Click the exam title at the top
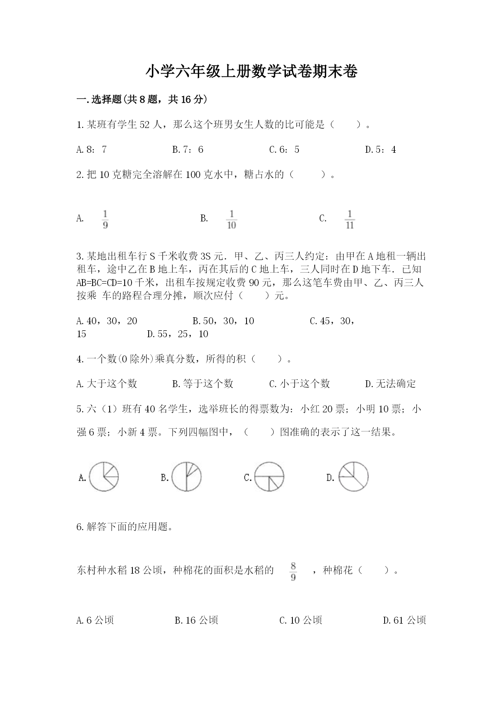(x=251, y=72)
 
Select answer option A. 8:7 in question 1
(x=91, y=150)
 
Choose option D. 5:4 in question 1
(x=381, y=150)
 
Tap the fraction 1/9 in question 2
(x=105, y=219)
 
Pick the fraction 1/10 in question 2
(x=231, y=219)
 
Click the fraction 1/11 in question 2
(x=350, y=219)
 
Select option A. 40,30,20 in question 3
(x=107, y=321)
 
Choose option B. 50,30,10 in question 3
(x=223, y=321)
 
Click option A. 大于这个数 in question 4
(x=107, y=384)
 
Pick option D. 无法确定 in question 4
(x=390, y=384)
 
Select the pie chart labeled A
(x=104, y=477)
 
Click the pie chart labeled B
(x=186, y=477)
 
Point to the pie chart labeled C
(x=269, y=477)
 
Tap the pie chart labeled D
(x=353, y=477)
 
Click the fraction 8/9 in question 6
(x=293, y=571)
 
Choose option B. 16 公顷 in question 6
(x=196, y=620)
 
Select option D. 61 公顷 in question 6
(x=404, y=620)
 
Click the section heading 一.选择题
(x=142, y=99)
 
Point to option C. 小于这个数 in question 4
(x=299, y=384)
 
